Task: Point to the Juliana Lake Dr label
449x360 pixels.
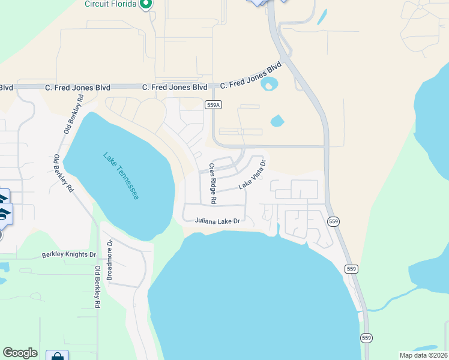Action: tap(217, 221)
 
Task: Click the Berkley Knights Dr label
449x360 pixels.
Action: tap(69, 255)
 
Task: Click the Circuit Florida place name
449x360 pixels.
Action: tap(110, 3)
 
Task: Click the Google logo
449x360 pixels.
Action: tap(20, 353)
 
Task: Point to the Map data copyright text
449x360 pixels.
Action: tap(423, 355)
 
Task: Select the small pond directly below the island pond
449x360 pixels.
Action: tap(277, 121)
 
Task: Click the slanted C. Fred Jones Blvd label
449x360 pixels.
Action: tap(250, 76)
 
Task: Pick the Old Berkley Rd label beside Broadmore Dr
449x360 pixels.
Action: tap(97, 288)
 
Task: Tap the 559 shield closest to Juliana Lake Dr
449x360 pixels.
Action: tap(334, 221)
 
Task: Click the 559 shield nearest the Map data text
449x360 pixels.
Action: tap(366, 338)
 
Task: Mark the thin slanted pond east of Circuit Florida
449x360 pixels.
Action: tap(322, 16)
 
